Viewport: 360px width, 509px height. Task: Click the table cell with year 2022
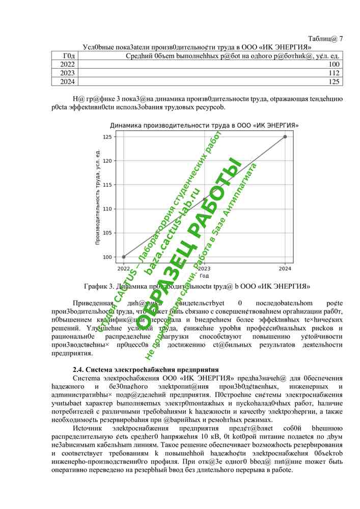pyautogui.click(x=67, y=65)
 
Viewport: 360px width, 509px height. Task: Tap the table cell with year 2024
pyautogui.click(x=67, y=81)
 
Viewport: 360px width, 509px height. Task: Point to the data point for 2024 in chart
pyautogui.click(x=285, y=136)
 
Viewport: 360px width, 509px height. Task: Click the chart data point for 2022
pyautogui.click(x=124, y=257)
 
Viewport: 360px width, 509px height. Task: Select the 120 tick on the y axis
pyautogui.click(x=107, y=161)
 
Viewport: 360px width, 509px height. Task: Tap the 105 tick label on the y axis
pyautogui.click(x=107, y=233)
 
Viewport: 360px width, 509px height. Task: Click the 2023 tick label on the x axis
pyautogui.click(x=204, y=268)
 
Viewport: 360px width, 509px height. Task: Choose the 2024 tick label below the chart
pyautogui.click(x=285, y=268)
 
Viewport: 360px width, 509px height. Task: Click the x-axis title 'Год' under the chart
pyautogui.click(x=204, y=275)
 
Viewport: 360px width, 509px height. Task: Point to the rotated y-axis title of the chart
pyautogui.click(x=97, y=196)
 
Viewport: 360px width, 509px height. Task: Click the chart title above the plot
pyautogui.click(x=204, y=125)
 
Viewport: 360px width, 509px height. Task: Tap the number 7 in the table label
pyautogui.click(x=341, y=39)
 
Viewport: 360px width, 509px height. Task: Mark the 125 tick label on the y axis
pyautogui.click(x=107, y=137)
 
